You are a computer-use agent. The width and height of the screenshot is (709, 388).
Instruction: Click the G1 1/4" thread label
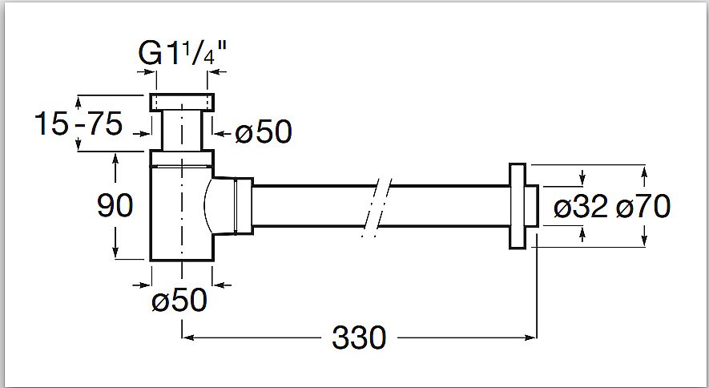point(182,53)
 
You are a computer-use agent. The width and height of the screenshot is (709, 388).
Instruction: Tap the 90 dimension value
point(115,206)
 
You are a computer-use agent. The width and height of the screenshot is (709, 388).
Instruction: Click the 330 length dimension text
point(359,337)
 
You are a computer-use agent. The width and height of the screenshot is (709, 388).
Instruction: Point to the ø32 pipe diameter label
point(581,208)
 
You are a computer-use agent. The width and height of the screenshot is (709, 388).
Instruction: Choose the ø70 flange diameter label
point(643,208)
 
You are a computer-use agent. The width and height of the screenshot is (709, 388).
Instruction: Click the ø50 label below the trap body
point(179,301)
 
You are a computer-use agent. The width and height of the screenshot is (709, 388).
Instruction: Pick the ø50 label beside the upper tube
point(263,132)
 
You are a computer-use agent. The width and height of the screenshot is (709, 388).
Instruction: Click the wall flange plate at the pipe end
point(518,206)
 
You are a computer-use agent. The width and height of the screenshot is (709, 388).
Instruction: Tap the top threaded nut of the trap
point(182,102)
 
